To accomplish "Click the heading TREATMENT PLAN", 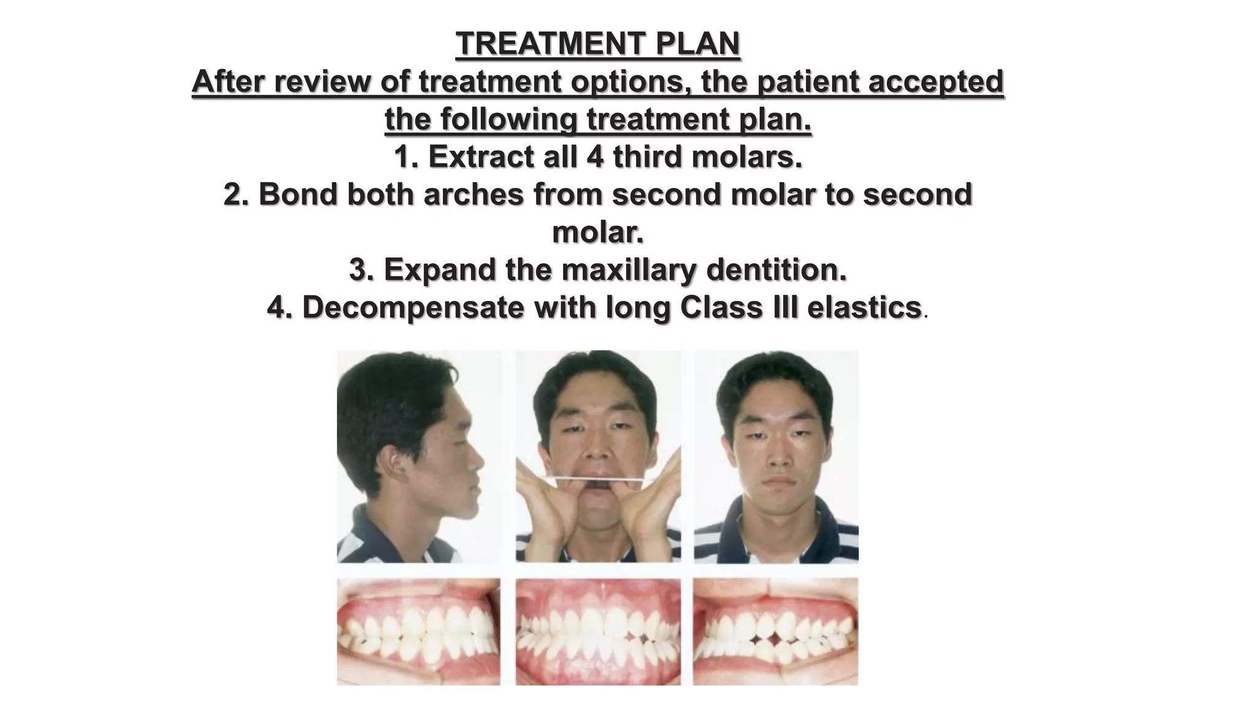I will (598, 44).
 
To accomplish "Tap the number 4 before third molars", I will (595, 157).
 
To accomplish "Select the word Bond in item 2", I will (298, 195).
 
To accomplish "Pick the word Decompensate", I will (414, 308).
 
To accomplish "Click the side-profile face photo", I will (418, 457).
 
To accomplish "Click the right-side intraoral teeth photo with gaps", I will (776, 632).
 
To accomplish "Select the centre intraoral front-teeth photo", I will (598, 632).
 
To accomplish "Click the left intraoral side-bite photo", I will (418, 632).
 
